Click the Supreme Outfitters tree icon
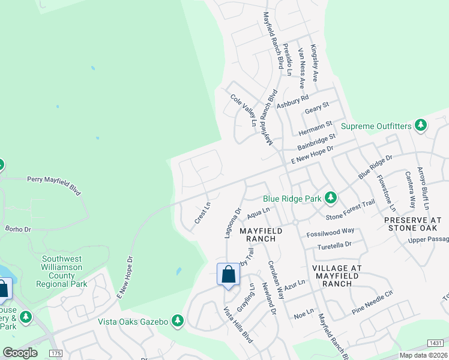(421, 125)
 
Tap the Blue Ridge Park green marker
(330, 197)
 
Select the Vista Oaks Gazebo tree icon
(177, 321)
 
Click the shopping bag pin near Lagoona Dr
(228, 275)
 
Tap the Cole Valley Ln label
(244, 110)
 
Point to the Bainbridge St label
(316, 143)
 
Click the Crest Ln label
(202, 214)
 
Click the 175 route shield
(56, 353)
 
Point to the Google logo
(20, 353)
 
